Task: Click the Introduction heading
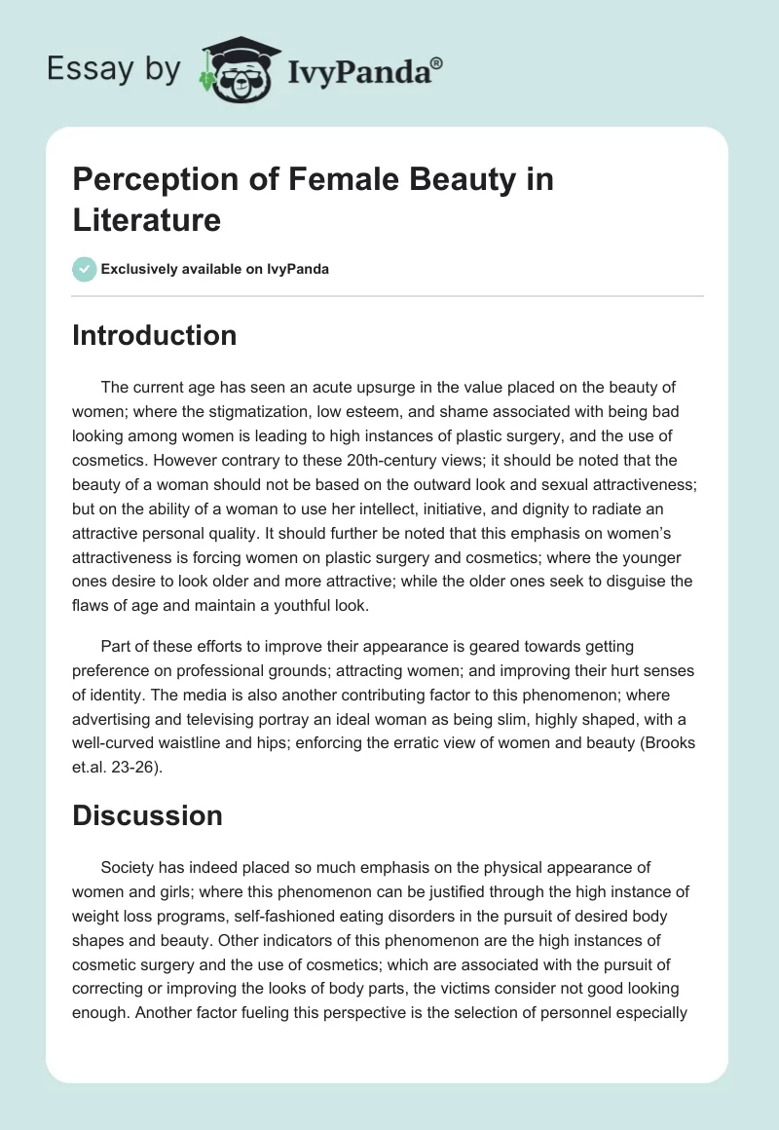[x=154, y=336]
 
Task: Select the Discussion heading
[x=147, y=816]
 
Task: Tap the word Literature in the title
[x=146, y=220]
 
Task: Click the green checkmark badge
[x=85, y=269]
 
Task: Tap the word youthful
[x=301, y=607]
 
